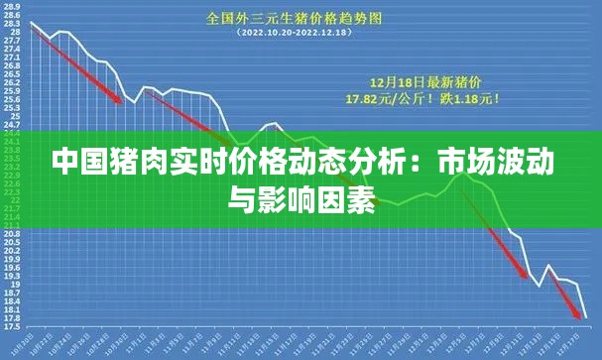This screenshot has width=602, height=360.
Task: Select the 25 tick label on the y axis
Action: tap(13, 117)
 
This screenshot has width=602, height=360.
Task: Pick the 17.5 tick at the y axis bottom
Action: tap(13, 326)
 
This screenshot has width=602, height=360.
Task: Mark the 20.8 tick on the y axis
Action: tap(13, 233)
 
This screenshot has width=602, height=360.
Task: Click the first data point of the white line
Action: tap(31, 22)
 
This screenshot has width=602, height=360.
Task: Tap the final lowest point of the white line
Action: tap(586, 317)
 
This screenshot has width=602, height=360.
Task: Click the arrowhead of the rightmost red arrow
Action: tap(580, 317)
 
